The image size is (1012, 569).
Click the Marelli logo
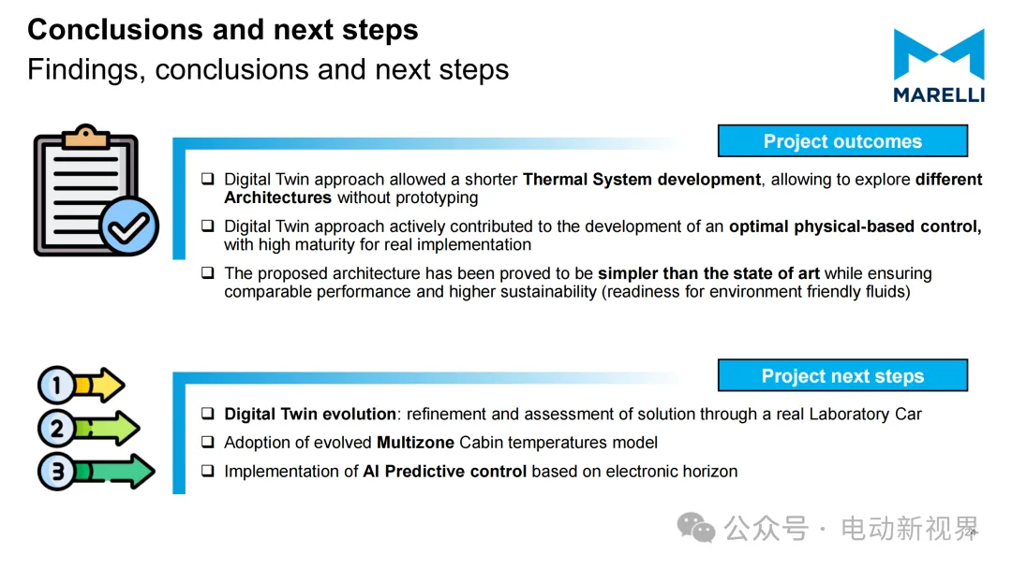point(939,66)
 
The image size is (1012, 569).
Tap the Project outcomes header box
point(842,141)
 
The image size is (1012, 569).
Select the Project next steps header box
point(842,375)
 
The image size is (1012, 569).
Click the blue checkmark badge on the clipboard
point(129,226)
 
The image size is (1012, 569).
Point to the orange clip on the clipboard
point(86,137)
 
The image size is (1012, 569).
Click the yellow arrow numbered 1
point(82,386)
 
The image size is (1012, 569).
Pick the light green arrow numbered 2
point(88,429)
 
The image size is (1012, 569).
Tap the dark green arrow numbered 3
point(97,471)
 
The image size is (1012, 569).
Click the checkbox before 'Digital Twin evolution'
point(207,413)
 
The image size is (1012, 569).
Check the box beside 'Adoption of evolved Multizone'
point(207,442)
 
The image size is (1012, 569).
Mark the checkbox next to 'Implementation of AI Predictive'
point(207,471)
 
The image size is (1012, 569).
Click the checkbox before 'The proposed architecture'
point(207,272)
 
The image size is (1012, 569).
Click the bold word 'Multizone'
point(416,443)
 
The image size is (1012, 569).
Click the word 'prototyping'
point(437,198)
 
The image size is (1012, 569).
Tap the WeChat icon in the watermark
point(695,528)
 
